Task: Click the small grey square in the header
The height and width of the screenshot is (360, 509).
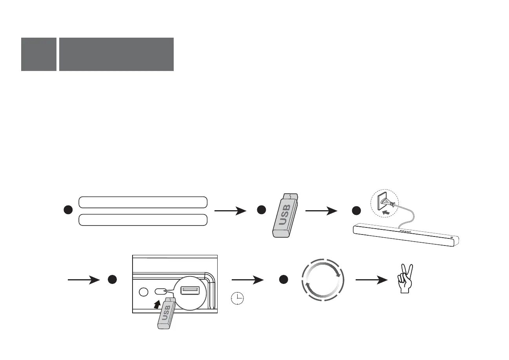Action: pyautogui.click(x=39, y=54)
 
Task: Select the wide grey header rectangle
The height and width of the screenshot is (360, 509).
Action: pyautogui.click(x=116, y=54)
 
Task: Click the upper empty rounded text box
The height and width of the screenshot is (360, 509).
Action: pyautogui.click(x=143, y=202)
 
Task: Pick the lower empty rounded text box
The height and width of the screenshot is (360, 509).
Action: pyautogui.click(x=143, y=220)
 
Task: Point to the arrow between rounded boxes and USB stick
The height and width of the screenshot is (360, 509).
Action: pyautogui.click(x=231, y=211)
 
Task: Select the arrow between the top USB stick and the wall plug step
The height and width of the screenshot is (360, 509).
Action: pyautogui.click(x=321, y=211)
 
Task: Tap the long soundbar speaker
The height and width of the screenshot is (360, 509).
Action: pyautogui.click(x=406, y=235)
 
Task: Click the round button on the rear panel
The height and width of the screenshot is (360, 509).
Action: pyautogui.click(x=144, y=292)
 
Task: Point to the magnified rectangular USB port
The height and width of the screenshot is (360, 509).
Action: pyautogui.click(x=190, y=290)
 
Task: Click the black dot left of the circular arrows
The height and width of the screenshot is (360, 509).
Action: pyautogui.click(x=284, y=280)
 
